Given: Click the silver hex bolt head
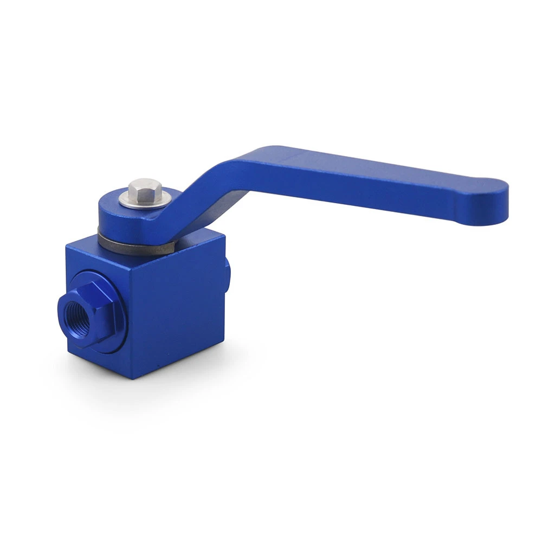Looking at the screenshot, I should pos(145,190).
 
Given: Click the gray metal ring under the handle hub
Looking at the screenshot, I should pos(135,247).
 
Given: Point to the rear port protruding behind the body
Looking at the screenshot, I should pos(227,271).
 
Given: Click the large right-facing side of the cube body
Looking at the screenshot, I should pos(179,309).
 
